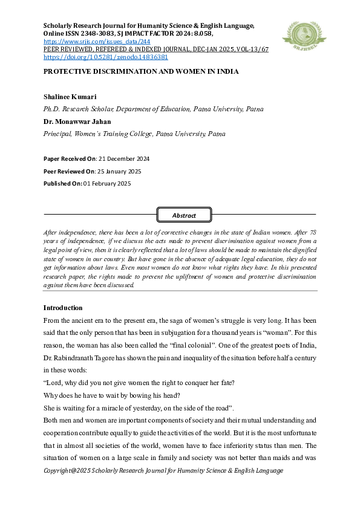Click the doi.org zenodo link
coord(106,57)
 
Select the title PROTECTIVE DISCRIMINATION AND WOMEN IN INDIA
coord(141,71)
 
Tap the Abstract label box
coord(184,215)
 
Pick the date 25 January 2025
coord(121,171)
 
